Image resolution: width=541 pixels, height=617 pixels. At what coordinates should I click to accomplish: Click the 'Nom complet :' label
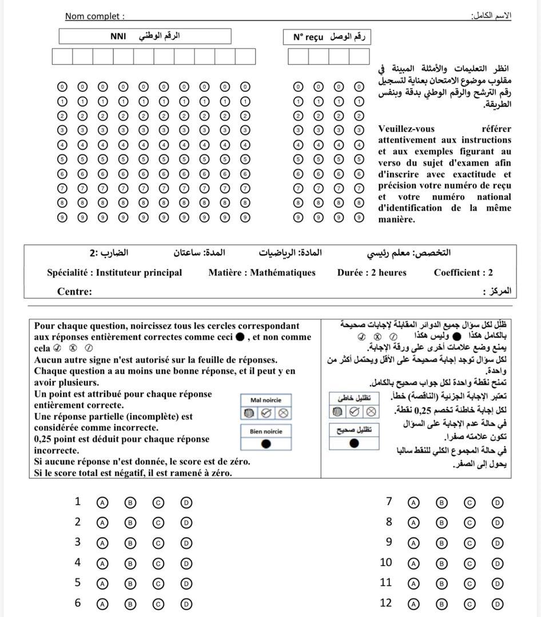(x=94, y=16)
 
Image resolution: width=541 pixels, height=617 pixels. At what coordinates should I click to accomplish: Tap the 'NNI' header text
(x=118, y=37)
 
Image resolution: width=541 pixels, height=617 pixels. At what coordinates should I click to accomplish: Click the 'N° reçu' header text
(x=308, y=37)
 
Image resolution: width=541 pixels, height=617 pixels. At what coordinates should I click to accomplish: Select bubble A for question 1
(x=102, y=503)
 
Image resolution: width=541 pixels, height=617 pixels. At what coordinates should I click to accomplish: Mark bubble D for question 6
(x=186, y=604)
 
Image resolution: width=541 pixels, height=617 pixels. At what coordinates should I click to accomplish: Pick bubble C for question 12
(x=469, y=604)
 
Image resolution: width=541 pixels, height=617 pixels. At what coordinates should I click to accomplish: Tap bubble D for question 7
(x=497, y=503)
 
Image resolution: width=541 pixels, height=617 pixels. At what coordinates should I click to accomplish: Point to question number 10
(x=386, y=562)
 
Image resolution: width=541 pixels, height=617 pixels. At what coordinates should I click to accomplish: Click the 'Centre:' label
(x=74, y=291)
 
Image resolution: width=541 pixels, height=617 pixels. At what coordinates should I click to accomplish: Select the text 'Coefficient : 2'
(x=463, y=273)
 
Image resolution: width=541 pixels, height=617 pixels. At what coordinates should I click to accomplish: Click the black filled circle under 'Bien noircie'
(x=266, y=443)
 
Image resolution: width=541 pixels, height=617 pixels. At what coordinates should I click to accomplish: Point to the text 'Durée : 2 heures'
(x=372, y=273)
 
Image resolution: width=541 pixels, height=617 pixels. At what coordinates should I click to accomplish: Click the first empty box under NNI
(x=62, y=57)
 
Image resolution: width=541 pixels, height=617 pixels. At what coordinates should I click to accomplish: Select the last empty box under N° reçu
(x=359, y=57)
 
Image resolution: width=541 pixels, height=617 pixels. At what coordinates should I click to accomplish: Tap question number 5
(x=78, y=583)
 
